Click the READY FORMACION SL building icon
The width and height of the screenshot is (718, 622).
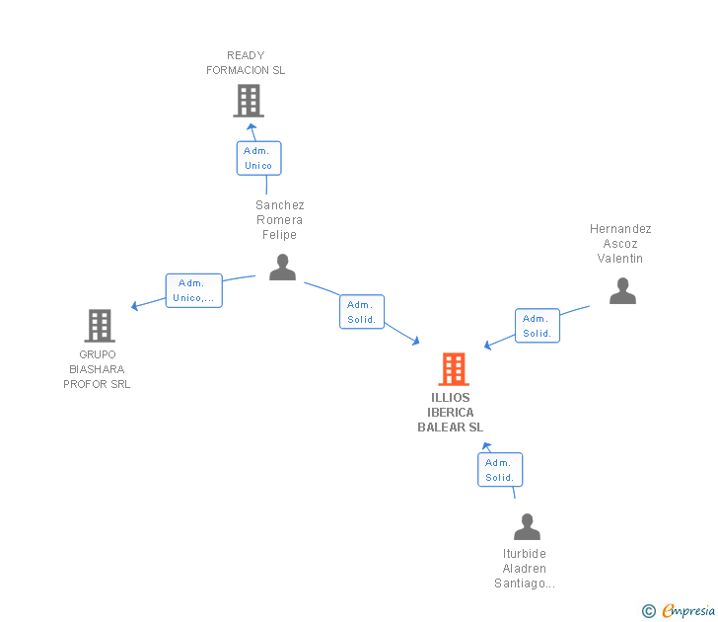coord(249,101)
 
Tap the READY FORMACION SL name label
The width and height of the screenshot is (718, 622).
coord(246,63)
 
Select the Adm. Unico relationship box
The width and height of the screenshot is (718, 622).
coord(258,158)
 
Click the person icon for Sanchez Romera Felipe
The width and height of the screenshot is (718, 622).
coord(282,268)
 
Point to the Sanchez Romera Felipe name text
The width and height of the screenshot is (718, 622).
coord(280,220)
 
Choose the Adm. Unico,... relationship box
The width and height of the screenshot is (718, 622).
coord(193,290)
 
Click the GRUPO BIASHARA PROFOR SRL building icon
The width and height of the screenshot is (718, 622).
coord(99,326)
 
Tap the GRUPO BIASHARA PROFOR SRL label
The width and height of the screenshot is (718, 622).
coord(97,369)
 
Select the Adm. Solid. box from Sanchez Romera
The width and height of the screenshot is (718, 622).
coord(362,312)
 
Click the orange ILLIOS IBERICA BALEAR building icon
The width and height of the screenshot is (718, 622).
coord(454,369)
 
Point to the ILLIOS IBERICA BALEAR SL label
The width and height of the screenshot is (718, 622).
coord(451,413)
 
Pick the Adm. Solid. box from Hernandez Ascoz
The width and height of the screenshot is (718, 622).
coord(538,326)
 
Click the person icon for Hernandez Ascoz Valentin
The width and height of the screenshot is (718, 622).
coord(622,291)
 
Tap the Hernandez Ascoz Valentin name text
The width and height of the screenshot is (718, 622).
coord(620,244)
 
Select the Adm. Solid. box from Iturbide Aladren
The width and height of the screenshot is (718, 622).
coord(500,470)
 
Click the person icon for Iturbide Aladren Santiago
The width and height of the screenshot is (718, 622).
coord(528,527)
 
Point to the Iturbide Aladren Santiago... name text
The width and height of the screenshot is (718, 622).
coord(525,569)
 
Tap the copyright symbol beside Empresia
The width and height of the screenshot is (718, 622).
coord(649,612)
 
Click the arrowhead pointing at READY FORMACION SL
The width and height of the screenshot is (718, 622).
coord(251,126)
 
